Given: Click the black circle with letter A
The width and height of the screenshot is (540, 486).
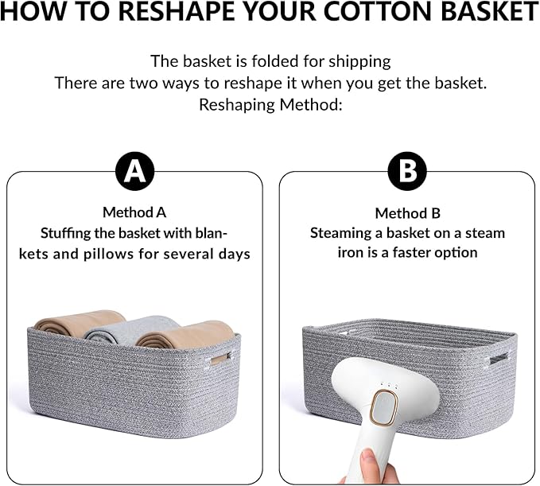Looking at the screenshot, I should (134, 171).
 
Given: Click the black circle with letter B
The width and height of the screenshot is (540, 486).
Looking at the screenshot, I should (406, 171).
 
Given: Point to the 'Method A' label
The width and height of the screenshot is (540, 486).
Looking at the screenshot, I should (134, 212).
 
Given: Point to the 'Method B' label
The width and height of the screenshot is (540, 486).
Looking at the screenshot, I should (406, 213).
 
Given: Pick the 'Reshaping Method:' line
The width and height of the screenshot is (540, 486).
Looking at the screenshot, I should (270, 104).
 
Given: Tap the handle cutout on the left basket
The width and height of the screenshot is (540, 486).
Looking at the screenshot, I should (219, 360).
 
